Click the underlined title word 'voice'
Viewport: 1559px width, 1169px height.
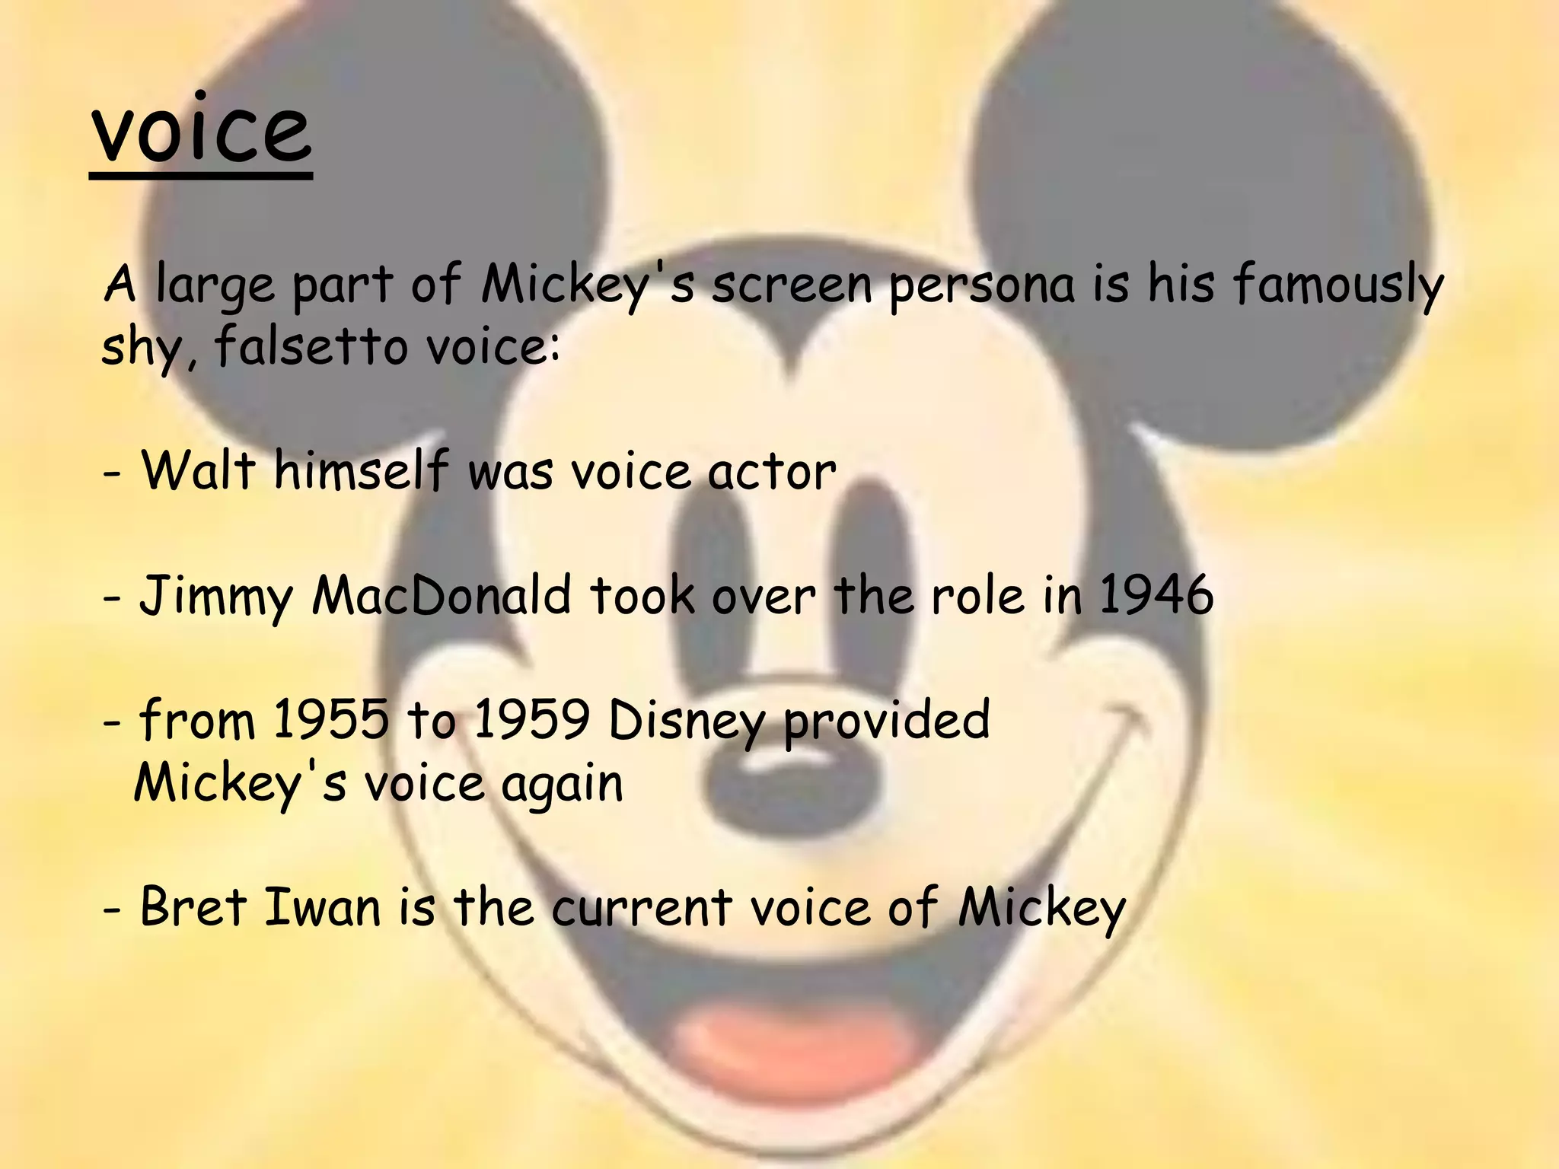201,131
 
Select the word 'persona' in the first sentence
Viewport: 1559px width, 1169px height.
982,286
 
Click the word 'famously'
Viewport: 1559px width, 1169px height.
1337,285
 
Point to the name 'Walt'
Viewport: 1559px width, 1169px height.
198,470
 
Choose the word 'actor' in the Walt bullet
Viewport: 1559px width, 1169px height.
772,472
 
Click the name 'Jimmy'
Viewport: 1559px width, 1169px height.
215,596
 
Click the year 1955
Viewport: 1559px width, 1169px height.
330,719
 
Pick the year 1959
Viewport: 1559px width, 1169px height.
531,719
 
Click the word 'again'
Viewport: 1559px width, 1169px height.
562,785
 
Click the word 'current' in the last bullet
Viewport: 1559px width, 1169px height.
641,908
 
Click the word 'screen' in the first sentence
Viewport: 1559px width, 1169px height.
792,286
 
